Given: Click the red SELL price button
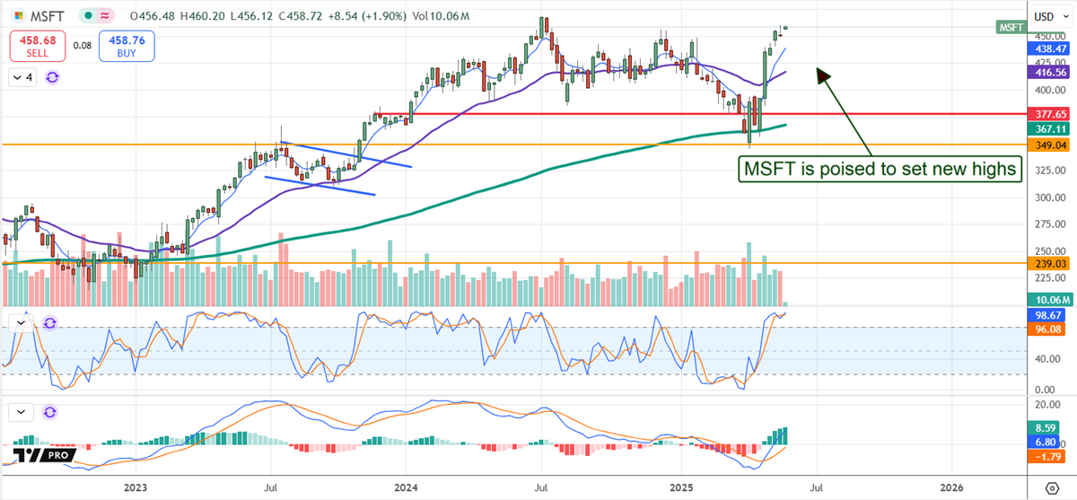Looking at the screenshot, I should [x=37, y=46].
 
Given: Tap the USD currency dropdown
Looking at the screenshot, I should [x=1046, y=16].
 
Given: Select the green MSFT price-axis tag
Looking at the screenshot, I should [x=1011, y=28].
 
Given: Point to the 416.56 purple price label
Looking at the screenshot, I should [x=1046, y=73].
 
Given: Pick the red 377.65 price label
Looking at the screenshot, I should [x=1046, y=115].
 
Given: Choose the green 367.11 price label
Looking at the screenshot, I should [x=1046, y=129].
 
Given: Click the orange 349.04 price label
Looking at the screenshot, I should [x=1046, y=145].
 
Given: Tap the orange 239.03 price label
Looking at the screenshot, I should [x=1046, y=263].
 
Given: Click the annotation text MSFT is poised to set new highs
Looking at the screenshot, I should [x=880, y=168].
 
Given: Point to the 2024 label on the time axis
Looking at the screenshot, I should [x=405, y=487].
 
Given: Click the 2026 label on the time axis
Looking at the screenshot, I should [x=952, y=487].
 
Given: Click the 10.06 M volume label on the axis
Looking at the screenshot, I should [x=1046, y=300].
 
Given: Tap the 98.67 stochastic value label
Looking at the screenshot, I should [x=1046, y=316].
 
